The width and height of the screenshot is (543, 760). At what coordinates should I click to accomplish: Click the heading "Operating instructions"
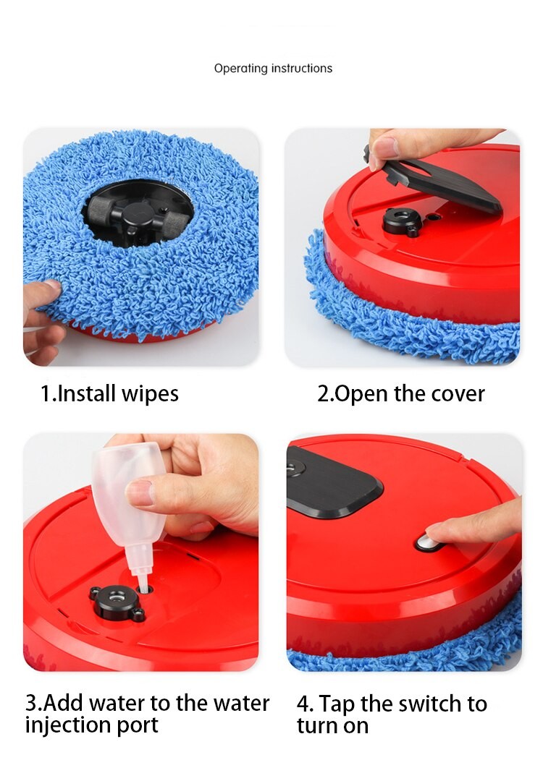coord(273,69)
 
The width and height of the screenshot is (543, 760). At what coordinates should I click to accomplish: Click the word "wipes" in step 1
coord(150,393)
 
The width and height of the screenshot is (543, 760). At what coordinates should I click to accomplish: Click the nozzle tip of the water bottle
coord(143,586)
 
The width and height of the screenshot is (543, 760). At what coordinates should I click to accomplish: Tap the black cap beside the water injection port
coord(117,602)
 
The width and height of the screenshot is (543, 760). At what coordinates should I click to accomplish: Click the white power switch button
coord(428,543)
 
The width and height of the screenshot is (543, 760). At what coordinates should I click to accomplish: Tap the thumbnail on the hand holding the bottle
coord(140,492)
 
